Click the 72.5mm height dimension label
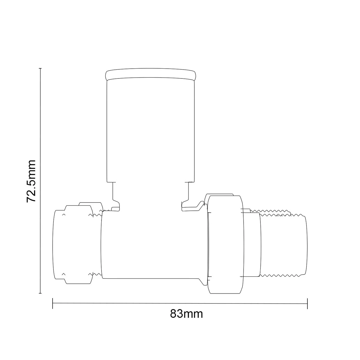[31, 181]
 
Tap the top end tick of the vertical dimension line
[40, 68]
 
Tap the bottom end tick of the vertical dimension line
[40, 293]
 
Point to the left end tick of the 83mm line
[53, 303]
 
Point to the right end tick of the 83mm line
[307, 303]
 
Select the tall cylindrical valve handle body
[150, 131]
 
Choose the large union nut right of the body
[226, 244]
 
